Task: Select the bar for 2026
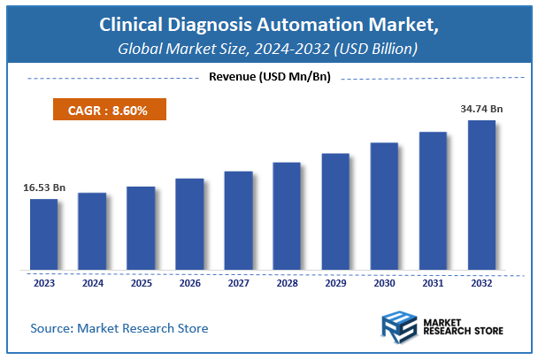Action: coord(189,224)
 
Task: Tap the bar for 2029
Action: coord(335,211)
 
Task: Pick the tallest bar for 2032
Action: coord(481,195)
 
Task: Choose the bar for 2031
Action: coord(433,201)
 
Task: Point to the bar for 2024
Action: coord(92,231)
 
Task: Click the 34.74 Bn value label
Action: coord(481,108)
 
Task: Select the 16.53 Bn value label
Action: coord(42,188)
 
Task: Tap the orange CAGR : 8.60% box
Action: coord(105,111)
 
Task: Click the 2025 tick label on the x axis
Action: coord(141,284)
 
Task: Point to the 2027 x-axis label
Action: coord(238,284)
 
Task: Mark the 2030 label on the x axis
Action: coord(384,284)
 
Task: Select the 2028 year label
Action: coord(287,284)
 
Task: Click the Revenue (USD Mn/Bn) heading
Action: coord(269,78)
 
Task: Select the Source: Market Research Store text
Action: coord(119,328)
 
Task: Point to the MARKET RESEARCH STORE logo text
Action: coord(465,328)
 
